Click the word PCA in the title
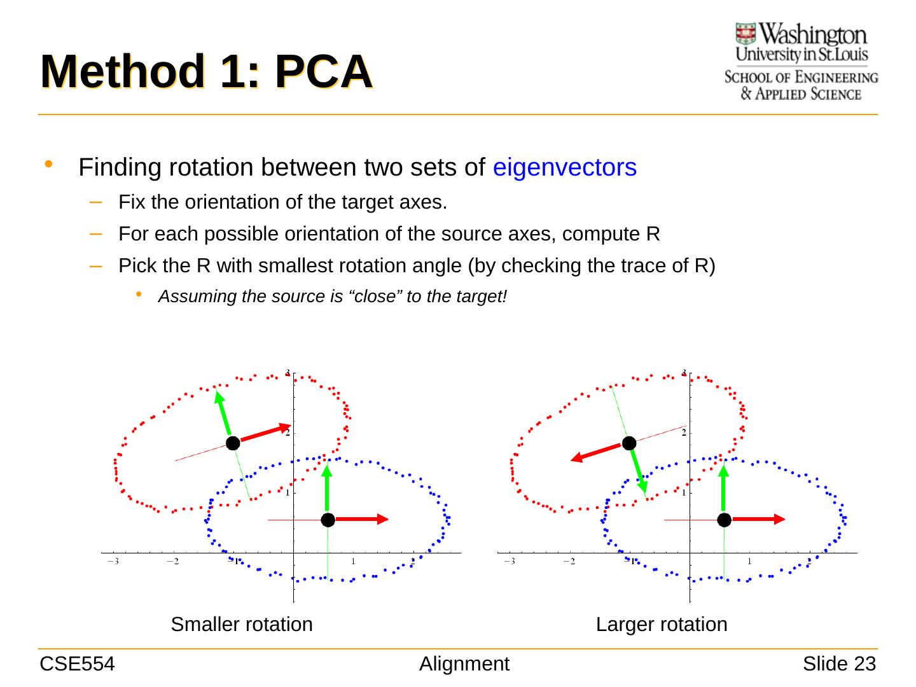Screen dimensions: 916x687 (323, 72)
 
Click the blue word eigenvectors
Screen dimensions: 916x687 (565, 167)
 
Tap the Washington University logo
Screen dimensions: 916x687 (801, 62)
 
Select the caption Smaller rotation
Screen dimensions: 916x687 (242, 625)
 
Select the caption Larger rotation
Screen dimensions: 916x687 (662, 625)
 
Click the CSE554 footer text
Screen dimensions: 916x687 (77, 664)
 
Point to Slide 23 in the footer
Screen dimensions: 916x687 (839, 664)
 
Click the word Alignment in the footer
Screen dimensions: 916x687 (464, 664)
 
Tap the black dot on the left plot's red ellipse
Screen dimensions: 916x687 (233, 443)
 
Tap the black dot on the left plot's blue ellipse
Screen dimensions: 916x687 (328, 520)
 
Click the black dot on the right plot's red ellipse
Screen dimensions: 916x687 (630, 443)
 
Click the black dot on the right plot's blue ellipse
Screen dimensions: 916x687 (724, 520)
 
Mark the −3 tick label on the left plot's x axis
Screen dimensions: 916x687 (113, 562)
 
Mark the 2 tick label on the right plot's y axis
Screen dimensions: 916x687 (683, 433)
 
